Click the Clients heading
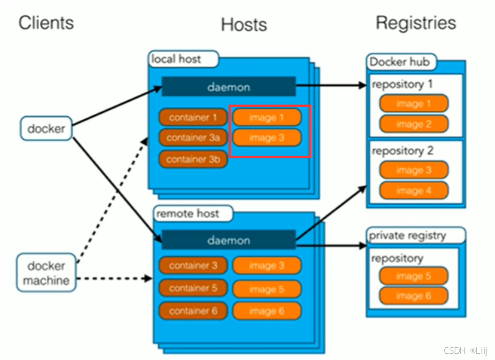tap(46, 23)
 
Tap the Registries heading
tap(416, 23)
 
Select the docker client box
tap(46, 128)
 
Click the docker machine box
tap(46, 273)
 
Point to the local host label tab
tap(183, 59)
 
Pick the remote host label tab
tap(193, 214)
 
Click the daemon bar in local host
tap(229, 87)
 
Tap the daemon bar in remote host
tap(229, 240)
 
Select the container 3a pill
tap(193, 138)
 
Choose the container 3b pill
tap(193, 159)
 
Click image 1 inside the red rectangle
tap(267, 117)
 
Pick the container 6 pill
tap(193, 311)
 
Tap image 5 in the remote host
tap(267, 289)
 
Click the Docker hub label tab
tap(401, 62)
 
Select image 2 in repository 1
tap(414, 124)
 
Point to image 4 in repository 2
tap(414, 191)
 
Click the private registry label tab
tap(416, 235)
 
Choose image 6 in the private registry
tap(414, 296)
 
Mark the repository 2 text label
tap(403, 151)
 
